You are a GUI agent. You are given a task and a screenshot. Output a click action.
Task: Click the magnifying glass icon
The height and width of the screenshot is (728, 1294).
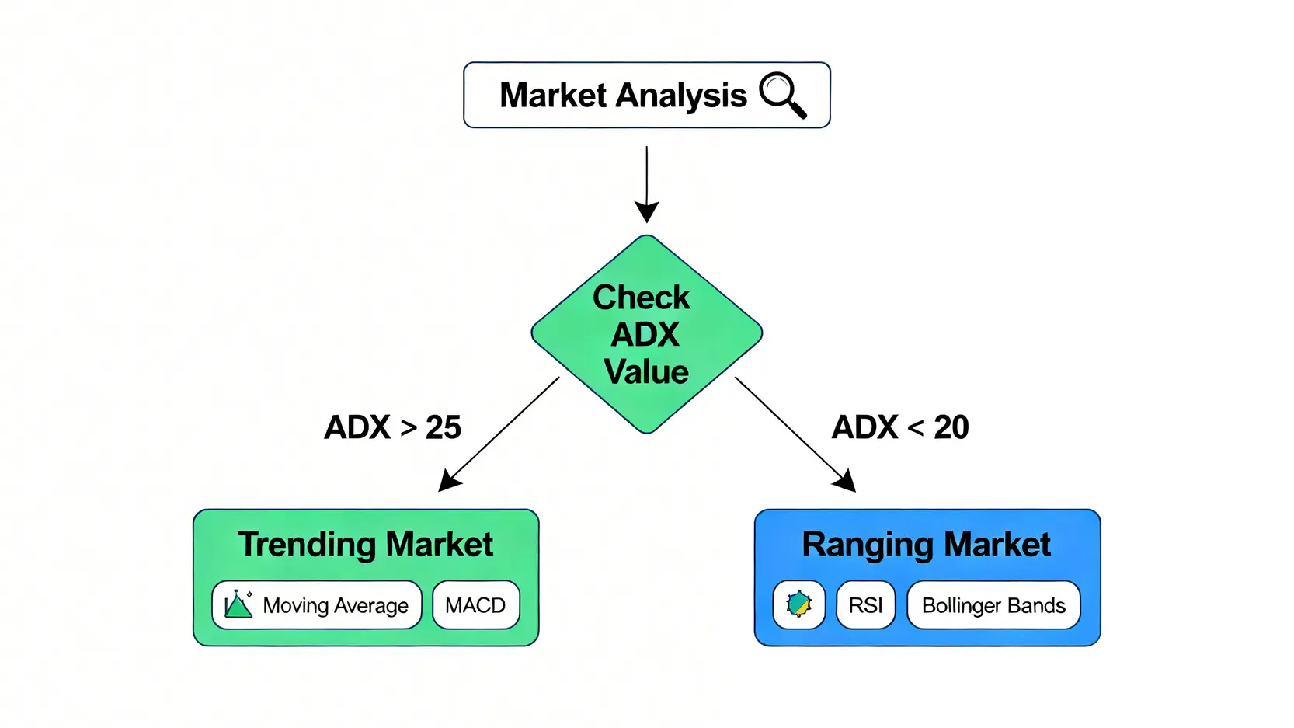tap(782, 95)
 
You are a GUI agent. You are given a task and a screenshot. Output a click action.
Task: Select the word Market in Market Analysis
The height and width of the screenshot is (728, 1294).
tap(553, 96)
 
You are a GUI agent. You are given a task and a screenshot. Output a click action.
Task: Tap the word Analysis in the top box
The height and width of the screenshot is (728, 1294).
tap(681, 96)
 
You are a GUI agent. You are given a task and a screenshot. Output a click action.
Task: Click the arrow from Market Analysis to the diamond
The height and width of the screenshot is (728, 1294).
tap(646, 183)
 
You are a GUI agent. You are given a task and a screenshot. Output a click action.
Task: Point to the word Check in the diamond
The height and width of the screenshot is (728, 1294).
tap(641, 298)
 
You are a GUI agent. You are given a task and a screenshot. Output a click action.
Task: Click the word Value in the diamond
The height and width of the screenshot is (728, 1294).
tap(646, 371)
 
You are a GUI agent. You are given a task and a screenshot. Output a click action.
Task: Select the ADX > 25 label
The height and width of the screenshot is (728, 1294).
tap(392, 427)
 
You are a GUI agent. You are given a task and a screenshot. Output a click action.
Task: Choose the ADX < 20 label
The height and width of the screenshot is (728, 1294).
tap(900, 427)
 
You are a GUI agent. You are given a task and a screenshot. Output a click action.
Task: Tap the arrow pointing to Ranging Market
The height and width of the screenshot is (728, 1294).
tap(795, 434)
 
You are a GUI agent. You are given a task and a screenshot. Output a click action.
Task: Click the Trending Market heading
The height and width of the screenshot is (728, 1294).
tap(365, 544)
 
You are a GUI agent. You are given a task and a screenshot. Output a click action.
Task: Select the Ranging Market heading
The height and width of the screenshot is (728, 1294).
tap(926, 544)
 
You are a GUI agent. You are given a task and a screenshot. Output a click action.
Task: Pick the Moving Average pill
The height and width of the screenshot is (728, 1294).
tap(317, 604)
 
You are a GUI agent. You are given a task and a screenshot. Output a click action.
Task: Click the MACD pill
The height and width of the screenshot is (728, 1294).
tap(475, 604)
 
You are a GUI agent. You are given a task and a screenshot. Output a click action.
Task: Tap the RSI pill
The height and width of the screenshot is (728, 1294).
tap(865, 604)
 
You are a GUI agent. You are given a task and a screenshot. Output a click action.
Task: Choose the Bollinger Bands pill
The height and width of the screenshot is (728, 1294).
tap(993, 604)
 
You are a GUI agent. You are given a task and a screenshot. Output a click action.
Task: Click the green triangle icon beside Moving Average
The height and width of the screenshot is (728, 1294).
tap(238, 604)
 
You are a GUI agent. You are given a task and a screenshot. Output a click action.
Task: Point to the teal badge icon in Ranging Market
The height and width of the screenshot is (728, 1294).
tap(798, 604)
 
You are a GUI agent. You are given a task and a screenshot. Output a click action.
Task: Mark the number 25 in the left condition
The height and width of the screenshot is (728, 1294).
tap(444, 427)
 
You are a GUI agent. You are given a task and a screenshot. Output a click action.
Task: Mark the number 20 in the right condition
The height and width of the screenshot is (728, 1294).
tap(951, 427)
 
